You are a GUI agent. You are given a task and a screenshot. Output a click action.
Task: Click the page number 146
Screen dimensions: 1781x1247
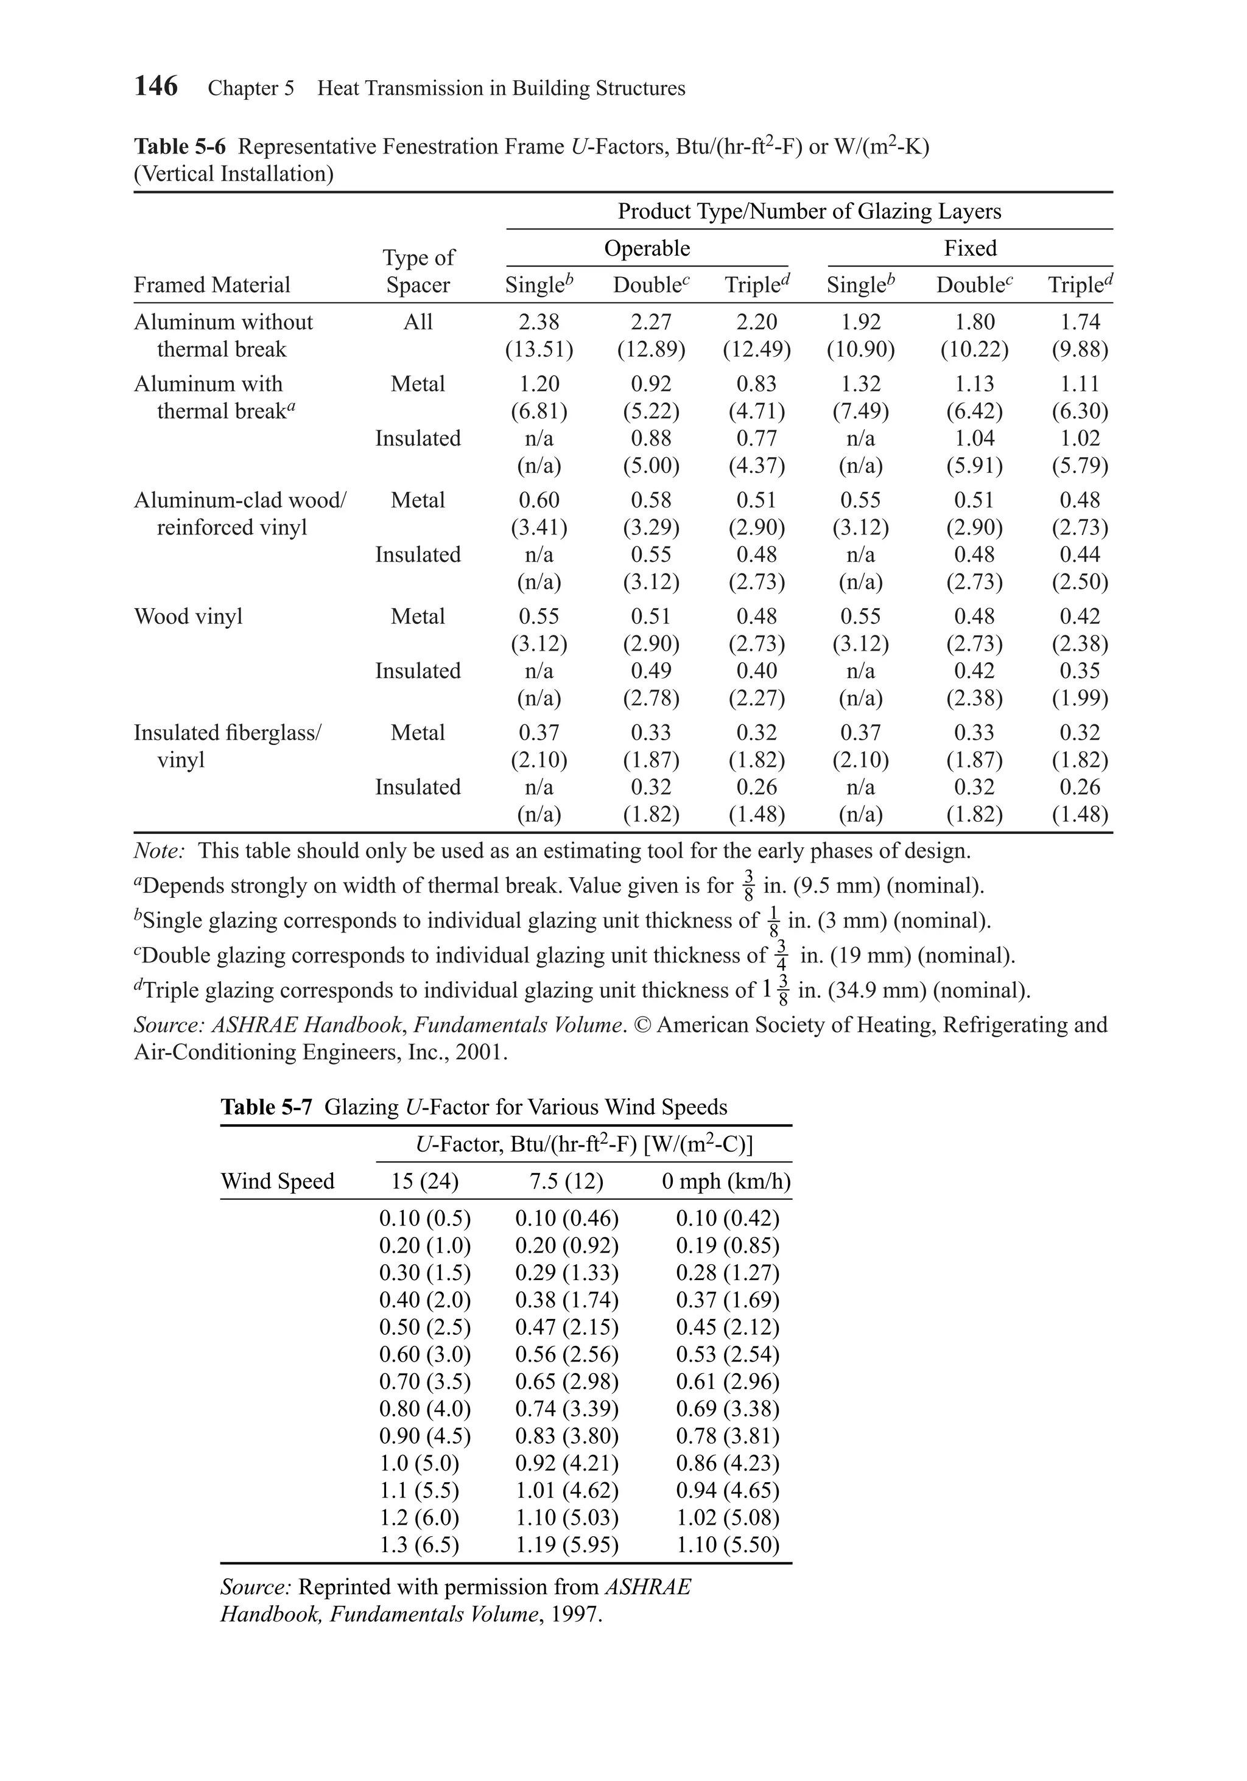pyautogui.click(x=156, y=86)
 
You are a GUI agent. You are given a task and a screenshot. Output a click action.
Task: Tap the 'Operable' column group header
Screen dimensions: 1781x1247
pyautogui.click(x=647, y=248)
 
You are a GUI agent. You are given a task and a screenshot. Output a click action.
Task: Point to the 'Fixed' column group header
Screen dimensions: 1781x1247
pyautogui.click(x=970, y=248)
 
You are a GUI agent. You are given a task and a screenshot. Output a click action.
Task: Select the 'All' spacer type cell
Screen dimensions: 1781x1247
pyautogui.click(x=418, y=322)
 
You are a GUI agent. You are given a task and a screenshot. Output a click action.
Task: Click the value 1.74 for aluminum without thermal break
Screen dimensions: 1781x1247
pyautogui.click(x=1080, y=322)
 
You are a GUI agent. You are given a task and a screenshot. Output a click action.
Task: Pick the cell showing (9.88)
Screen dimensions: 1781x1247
pyautogui.click(x=1080, y=350)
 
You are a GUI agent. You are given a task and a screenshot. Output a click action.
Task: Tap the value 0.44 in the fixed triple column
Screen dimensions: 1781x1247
pyautogui.click(x=1080, y=555)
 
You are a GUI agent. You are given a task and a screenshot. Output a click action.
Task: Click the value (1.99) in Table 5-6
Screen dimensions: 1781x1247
pyautogui.click(x=1080, y=699)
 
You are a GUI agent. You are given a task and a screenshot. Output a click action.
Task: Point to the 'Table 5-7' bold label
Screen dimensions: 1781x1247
pyautogui.click(x=266, y=1107)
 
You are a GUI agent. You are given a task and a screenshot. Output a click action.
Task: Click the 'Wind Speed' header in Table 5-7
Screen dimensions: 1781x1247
pyautogui.click(x=277, y=1181)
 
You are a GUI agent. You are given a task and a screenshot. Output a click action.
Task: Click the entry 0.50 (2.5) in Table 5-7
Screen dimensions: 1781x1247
pyautogui.click(x=424, y=1327)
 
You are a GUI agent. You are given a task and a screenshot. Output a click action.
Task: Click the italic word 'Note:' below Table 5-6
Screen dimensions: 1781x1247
pyautogui.click(x=159, y=851)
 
